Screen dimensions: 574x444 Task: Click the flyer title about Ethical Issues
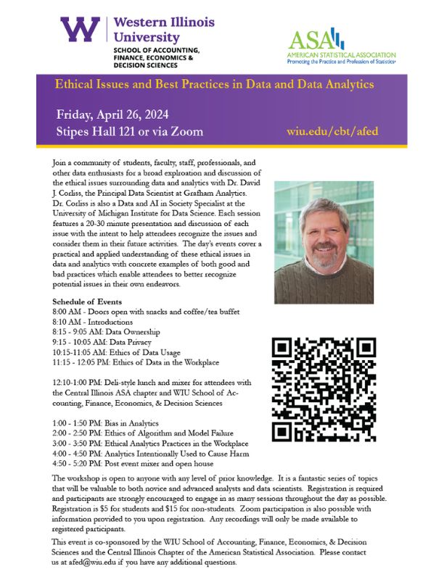coord(215,84)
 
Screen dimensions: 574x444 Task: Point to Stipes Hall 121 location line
coord(129,132)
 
